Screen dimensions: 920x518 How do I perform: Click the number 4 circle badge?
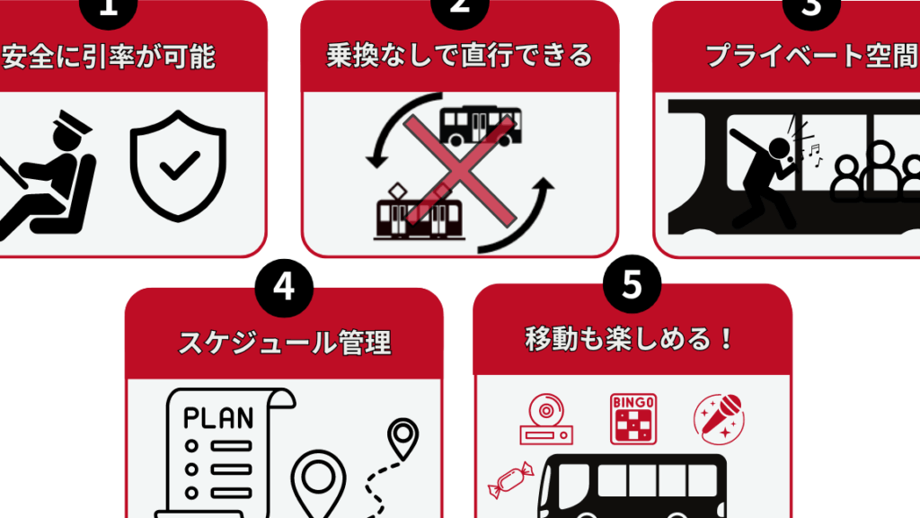tap(284, 288)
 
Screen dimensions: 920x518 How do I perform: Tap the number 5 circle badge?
tap(632, 284)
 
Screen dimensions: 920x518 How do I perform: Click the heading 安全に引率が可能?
tap(109, 57)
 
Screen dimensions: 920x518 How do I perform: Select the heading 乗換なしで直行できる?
tap(459, 56)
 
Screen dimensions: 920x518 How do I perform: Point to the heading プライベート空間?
tap(812, 56)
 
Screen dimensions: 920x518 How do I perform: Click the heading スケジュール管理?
tap(285, 343)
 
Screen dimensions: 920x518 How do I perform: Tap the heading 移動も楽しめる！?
tap(630, 339)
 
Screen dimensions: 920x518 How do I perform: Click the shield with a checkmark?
tap(178, 165)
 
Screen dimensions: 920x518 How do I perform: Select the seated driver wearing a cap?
tap(47, 175)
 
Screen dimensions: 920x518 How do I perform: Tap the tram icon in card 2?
tap(419, 212)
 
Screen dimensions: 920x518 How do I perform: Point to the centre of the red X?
tap(459, 170)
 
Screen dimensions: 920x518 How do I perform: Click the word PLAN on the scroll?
tap(218, 418)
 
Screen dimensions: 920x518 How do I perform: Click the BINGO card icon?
tap(633, 419)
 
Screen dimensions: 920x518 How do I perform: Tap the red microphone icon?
tap(719, 419)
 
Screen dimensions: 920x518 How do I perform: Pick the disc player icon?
tap(546, 419)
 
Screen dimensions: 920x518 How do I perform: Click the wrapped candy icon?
tap(510, 479)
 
